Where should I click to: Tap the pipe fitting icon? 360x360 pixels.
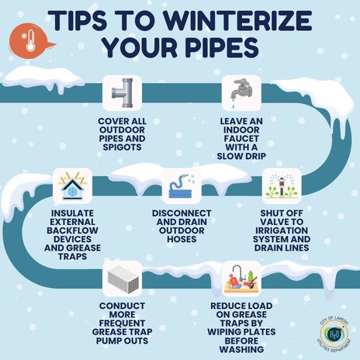click(x=122, y=94)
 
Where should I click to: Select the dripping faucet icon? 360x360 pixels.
click(x=237, y=94)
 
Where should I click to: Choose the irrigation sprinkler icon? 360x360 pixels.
click(x=280, y=187)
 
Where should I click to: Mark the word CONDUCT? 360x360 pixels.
click(x=122, y=306)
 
